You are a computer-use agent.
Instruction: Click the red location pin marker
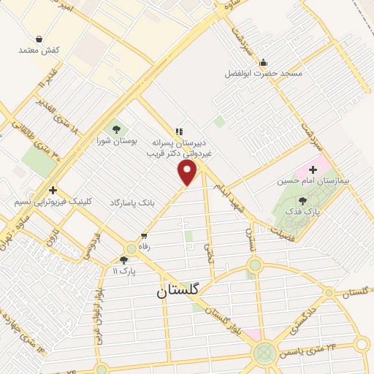pyautogui.click(x=188, y=172)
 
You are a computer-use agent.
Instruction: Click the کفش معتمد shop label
pyautogui.click(x=40, y=50)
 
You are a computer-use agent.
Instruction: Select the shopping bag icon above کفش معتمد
pyautogui.click(x=38, y=39)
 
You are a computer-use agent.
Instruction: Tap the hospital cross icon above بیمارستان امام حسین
pyautogui.click(x=313, y=169)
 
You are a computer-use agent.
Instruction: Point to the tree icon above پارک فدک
pyautogui.click(x=302, y=199)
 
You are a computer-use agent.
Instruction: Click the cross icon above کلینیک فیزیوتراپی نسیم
pyautogui.click(x=53, y=190)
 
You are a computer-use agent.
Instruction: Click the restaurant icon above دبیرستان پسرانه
pyautogui.click(x=179, y=132)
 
